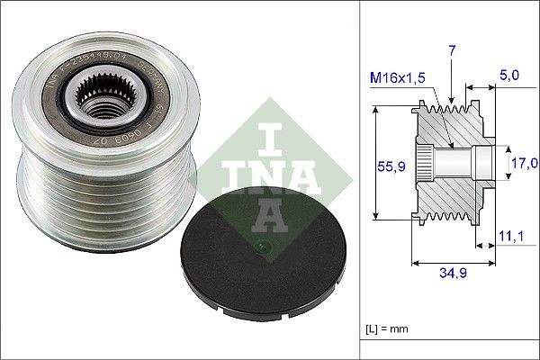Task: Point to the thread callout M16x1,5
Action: (400, 78)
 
